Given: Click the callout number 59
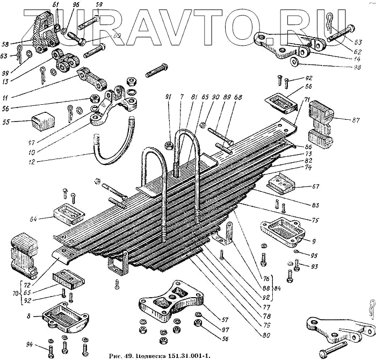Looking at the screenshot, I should [98, 5].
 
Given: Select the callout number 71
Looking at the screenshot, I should [308, 100].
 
